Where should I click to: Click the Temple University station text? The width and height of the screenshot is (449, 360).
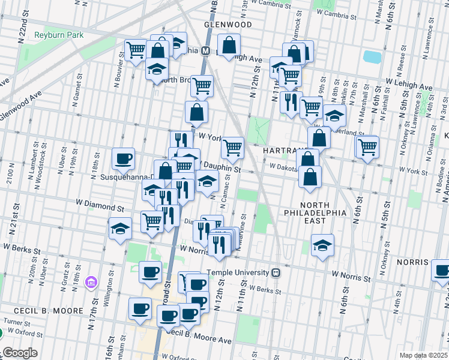[238, 272]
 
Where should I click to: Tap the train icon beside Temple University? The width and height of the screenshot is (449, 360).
[276, 272]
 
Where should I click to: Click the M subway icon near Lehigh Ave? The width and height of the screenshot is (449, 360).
[205, 51]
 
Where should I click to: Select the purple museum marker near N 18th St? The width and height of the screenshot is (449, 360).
[91, 281]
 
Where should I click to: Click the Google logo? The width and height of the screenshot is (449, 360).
[19, 353]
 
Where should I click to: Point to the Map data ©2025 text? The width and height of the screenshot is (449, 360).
[423, 355]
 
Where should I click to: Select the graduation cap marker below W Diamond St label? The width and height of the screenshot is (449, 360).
[120, 229]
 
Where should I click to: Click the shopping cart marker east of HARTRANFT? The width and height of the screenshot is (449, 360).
[367, 146]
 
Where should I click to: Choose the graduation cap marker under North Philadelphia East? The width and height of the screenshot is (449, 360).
[323, 245]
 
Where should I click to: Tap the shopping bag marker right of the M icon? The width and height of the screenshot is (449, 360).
[229, 44]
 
